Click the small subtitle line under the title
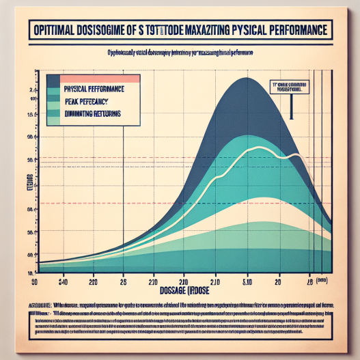pos(180,53)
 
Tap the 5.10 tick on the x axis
pos(248,280)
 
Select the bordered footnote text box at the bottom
pos(180,320)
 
